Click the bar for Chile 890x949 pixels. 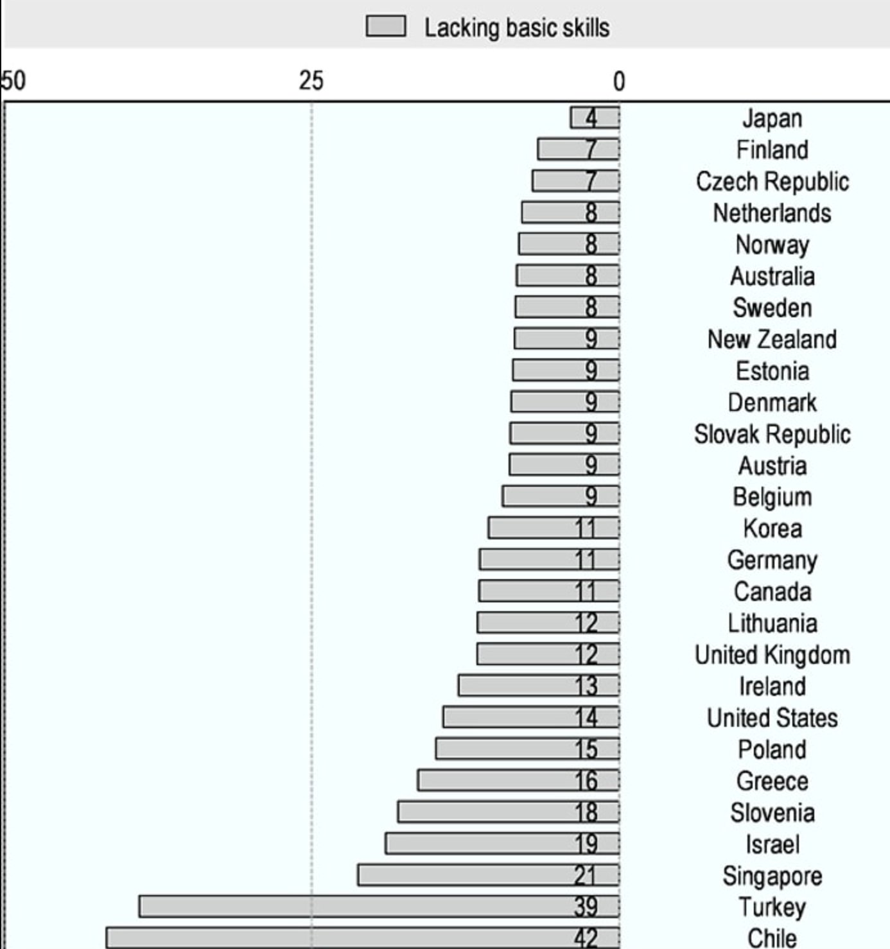[363, 937]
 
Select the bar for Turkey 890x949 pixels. [379, 906]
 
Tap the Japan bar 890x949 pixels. [595, 118]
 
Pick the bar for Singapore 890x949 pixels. [488, 875]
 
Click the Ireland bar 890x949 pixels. [538, 685]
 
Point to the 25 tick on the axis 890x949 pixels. [311, 81]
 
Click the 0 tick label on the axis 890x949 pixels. [618, 82]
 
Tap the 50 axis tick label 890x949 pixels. [14, 81]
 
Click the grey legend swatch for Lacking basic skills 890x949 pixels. [385, 27]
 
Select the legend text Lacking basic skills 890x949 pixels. [516, 28]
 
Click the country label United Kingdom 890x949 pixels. [772, 654]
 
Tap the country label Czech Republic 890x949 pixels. [772, 181]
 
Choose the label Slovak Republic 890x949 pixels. [772, 433]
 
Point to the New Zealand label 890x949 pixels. [772, 339]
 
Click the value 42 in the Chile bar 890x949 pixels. [586, 938]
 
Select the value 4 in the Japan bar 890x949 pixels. [591, 118]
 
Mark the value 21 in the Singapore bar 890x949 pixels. [586, 875]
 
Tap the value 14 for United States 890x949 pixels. [586, 717]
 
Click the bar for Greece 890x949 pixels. [518, 780]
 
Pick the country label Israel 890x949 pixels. [772, 844]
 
